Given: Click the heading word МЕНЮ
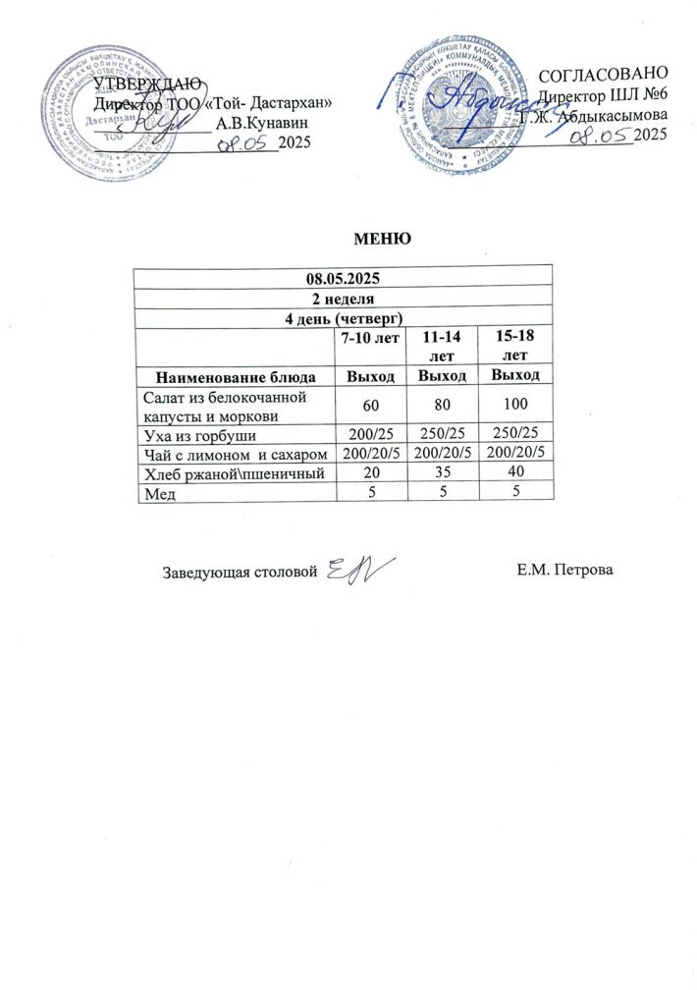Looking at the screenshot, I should coord(380,239).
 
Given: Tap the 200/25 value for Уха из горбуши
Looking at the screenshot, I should coord(366,433).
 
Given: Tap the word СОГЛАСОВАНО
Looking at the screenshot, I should coord(605,75).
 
